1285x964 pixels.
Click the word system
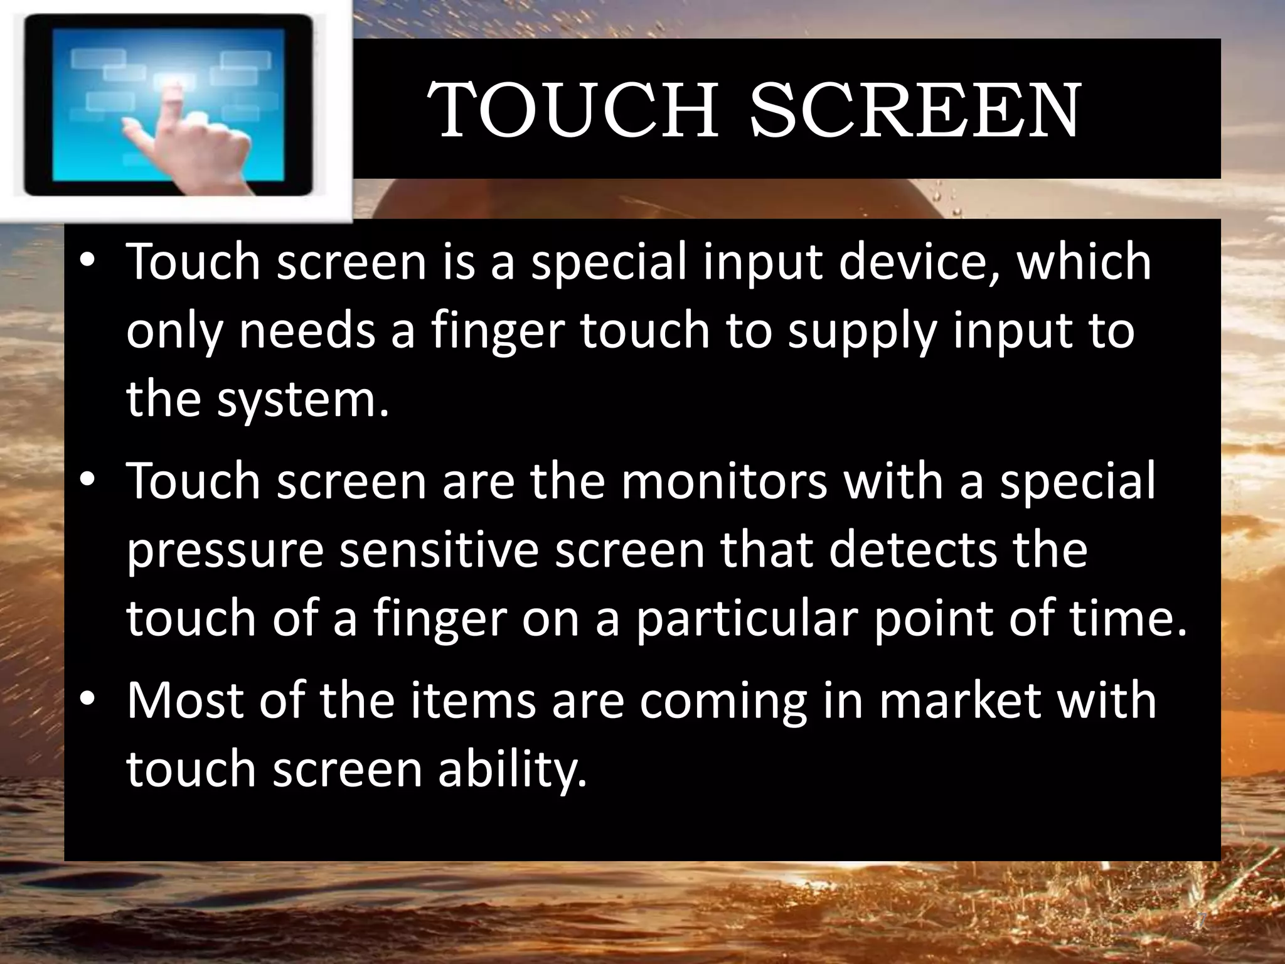[303, 400]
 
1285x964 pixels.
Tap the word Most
[185, 700]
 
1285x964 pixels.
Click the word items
[473, 700]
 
